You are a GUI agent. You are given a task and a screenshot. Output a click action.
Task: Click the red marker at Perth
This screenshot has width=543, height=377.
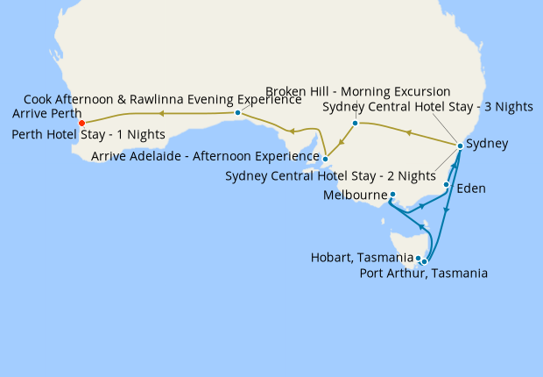(81, 124)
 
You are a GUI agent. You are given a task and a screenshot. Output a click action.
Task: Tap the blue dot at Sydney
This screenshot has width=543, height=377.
(460, 145)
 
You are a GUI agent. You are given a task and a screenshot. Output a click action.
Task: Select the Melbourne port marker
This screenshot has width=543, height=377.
(392, 195)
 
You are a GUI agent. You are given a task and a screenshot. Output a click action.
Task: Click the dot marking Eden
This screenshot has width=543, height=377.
(447, 185)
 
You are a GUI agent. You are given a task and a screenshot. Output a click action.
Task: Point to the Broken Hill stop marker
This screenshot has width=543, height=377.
(355, 123)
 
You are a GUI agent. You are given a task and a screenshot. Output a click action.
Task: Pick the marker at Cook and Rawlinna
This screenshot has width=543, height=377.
(238, 113)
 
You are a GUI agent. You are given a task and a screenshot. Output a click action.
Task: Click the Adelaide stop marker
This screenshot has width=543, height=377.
(325, 159)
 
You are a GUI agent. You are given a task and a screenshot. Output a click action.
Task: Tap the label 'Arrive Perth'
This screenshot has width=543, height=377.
(47, 114)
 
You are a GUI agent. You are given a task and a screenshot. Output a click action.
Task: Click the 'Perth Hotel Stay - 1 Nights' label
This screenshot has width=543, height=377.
(89, 135)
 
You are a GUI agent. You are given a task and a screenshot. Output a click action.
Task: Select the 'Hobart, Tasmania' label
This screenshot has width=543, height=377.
(362, 258)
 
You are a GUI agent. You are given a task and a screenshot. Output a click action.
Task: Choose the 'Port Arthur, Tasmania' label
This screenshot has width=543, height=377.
(424, 274)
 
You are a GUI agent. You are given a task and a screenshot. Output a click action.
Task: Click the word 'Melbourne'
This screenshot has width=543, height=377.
(355, 195)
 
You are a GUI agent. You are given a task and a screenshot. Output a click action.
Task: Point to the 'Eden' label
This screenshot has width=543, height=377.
(471, 188)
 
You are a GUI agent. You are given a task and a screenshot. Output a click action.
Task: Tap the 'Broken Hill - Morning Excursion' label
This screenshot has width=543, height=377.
(357, 91)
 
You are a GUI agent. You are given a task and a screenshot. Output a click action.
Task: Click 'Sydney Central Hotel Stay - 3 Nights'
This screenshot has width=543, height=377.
(427, 107)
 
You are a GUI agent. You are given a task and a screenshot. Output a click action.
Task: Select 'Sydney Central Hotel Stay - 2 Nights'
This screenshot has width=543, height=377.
(330, 175)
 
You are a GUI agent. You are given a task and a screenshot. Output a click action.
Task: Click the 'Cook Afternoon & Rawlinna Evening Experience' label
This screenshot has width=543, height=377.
(162, 99)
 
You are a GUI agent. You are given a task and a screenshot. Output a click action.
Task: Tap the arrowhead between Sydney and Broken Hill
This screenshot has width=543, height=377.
(407, 132)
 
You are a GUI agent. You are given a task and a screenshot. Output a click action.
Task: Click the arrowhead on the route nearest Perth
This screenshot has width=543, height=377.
(162, 113)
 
